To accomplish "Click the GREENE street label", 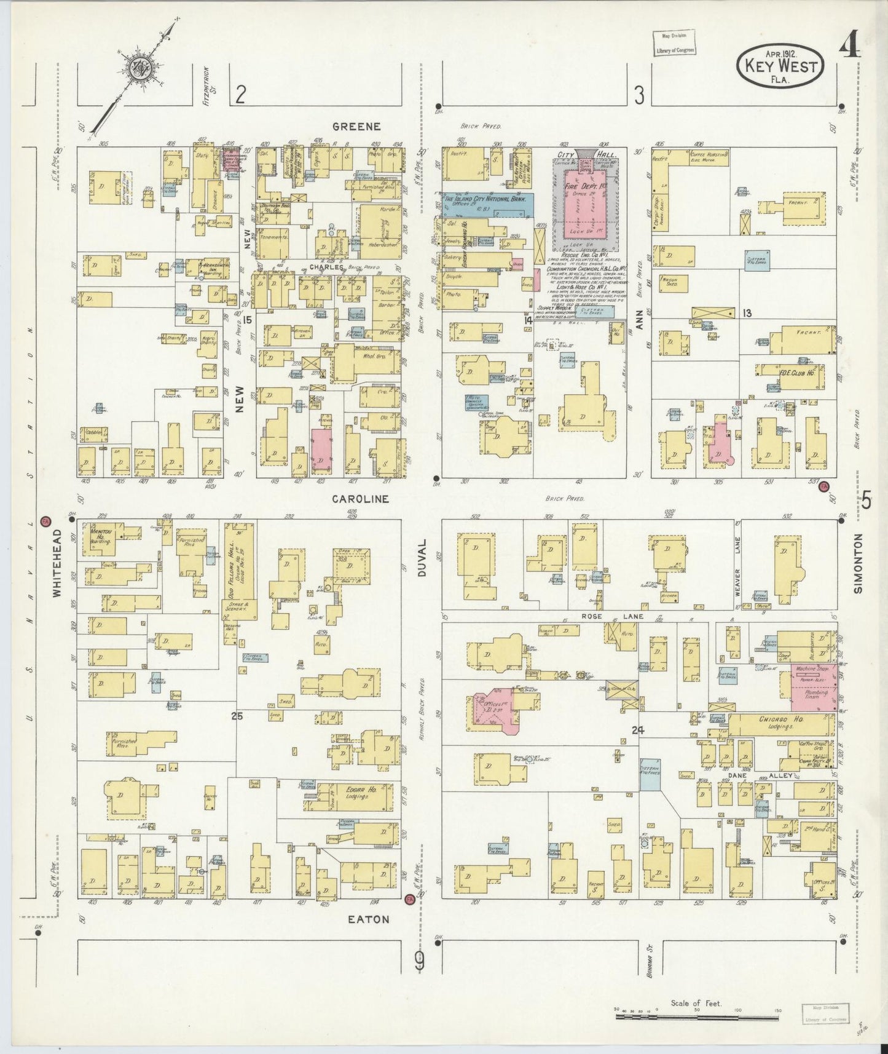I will pyautogui.click(x=356, y=127).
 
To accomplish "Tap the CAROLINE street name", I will pyautogui.click(x=360, y=499).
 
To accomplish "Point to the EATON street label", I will pyautogui.click(x=369, y=919).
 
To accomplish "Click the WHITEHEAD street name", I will pyautogui.click(x=57, y=563).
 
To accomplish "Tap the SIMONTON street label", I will pyautogui.click(x=859, y=563).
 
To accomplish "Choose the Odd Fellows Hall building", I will pyautogui.click(x=240, y=569).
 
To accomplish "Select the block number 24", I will pyautogui.click(x=637, y=730).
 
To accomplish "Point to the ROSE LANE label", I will pyautogui.click(x=600, y=616).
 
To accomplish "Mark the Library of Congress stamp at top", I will pyautogui.click(x=674, y=44).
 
